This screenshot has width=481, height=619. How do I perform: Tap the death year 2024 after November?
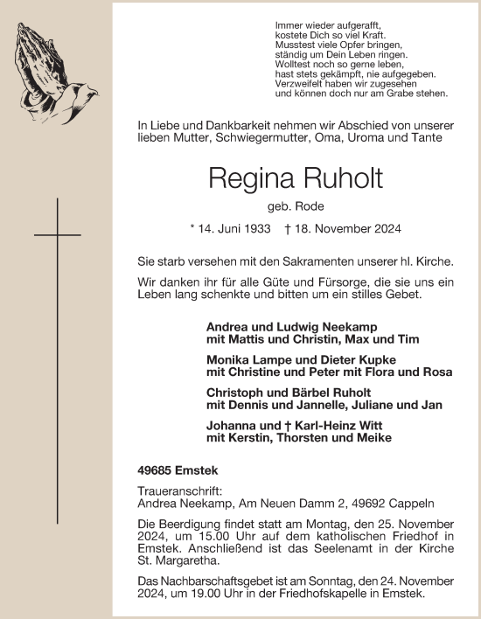pyautogui.click(x=384, y=231)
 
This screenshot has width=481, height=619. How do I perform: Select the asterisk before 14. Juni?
pyautogui.click(x=192, y=231)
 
